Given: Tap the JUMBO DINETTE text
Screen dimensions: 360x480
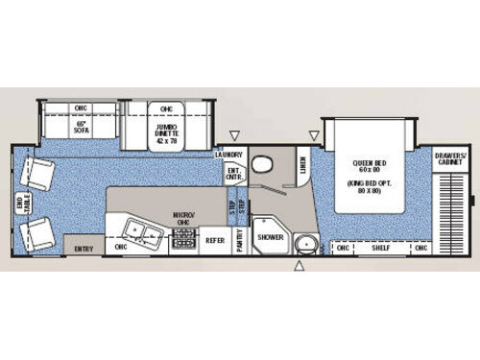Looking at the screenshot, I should (x=167, y=128).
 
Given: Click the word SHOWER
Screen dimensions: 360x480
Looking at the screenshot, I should (x=269, y=237).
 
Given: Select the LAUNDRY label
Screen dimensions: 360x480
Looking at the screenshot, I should (x=228, y=154).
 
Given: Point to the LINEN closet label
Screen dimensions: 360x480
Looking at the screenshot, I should (x=301, y=168).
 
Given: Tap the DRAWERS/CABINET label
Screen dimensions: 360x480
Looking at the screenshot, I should (x=448, y=159).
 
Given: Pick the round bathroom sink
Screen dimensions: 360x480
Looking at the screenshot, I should (x=304, y=243).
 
